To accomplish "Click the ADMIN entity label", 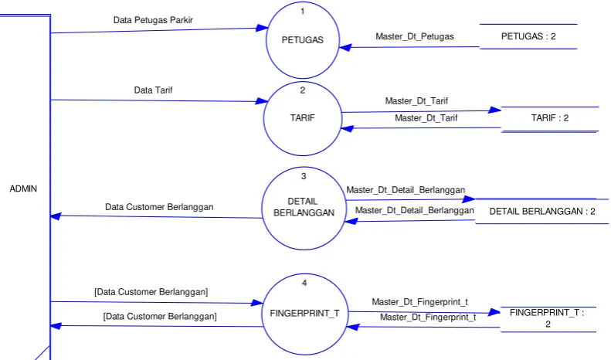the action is tap(23, 189).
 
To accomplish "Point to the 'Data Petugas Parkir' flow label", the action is tap(153, 20).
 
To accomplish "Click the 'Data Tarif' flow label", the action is tap(153, 90).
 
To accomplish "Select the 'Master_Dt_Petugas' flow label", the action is tap(415, 36).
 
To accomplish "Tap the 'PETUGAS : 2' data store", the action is tap(528, 36).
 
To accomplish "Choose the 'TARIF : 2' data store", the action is tap(550, 118).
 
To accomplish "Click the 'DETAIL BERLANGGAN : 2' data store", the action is tap(542, 211).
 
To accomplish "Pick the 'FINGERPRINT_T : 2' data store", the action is tap(548, 318).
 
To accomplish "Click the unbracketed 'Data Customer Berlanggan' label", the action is tap(159, 207).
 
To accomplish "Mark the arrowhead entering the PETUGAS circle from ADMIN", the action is tap(263, 28).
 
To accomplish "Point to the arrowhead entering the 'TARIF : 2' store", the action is tap(494, 110).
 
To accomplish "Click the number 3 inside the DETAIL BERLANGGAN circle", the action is tap(304, 176).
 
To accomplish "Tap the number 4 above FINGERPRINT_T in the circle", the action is tap(304, 283).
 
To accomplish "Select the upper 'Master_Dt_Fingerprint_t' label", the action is tap(419, 302).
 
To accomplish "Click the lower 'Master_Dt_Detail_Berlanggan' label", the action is tap(414, 210).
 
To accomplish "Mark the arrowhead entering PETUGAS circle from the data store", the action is tap(345, 48).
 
